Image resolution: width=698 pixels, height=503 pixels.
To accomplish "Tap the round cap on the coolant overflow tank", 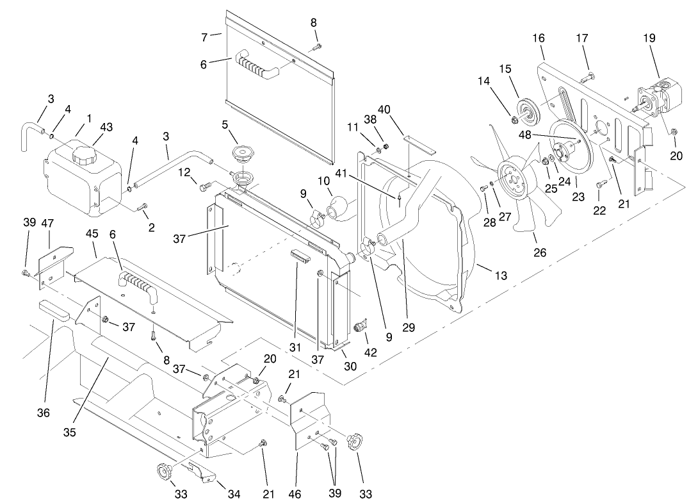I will pyautogui.click(x=84, y=154).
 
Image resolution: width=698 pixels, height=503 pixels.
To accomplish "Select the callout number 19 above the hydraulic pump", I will pyautogui.click(x=649, y=38).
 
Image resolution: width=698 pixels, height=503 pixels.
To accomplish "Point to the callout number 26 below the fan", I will pyautogui.click(x=540, y=252).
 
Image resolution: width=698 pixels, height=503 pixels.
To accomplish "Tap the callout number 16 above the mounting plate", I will pyautogui.click(x=538, y=38).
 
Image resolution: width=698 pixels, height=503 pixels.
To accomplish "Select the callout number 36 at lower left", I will pyautogui.click(x=43, y=413).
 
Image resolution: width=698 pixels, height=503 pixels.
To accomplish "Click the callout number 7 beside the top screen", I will pyautogui.click(x=204, y=38).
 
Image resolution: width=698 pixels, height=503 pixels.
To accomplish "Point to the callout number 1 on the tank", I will pyautogui.click(x=89, y=118).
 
